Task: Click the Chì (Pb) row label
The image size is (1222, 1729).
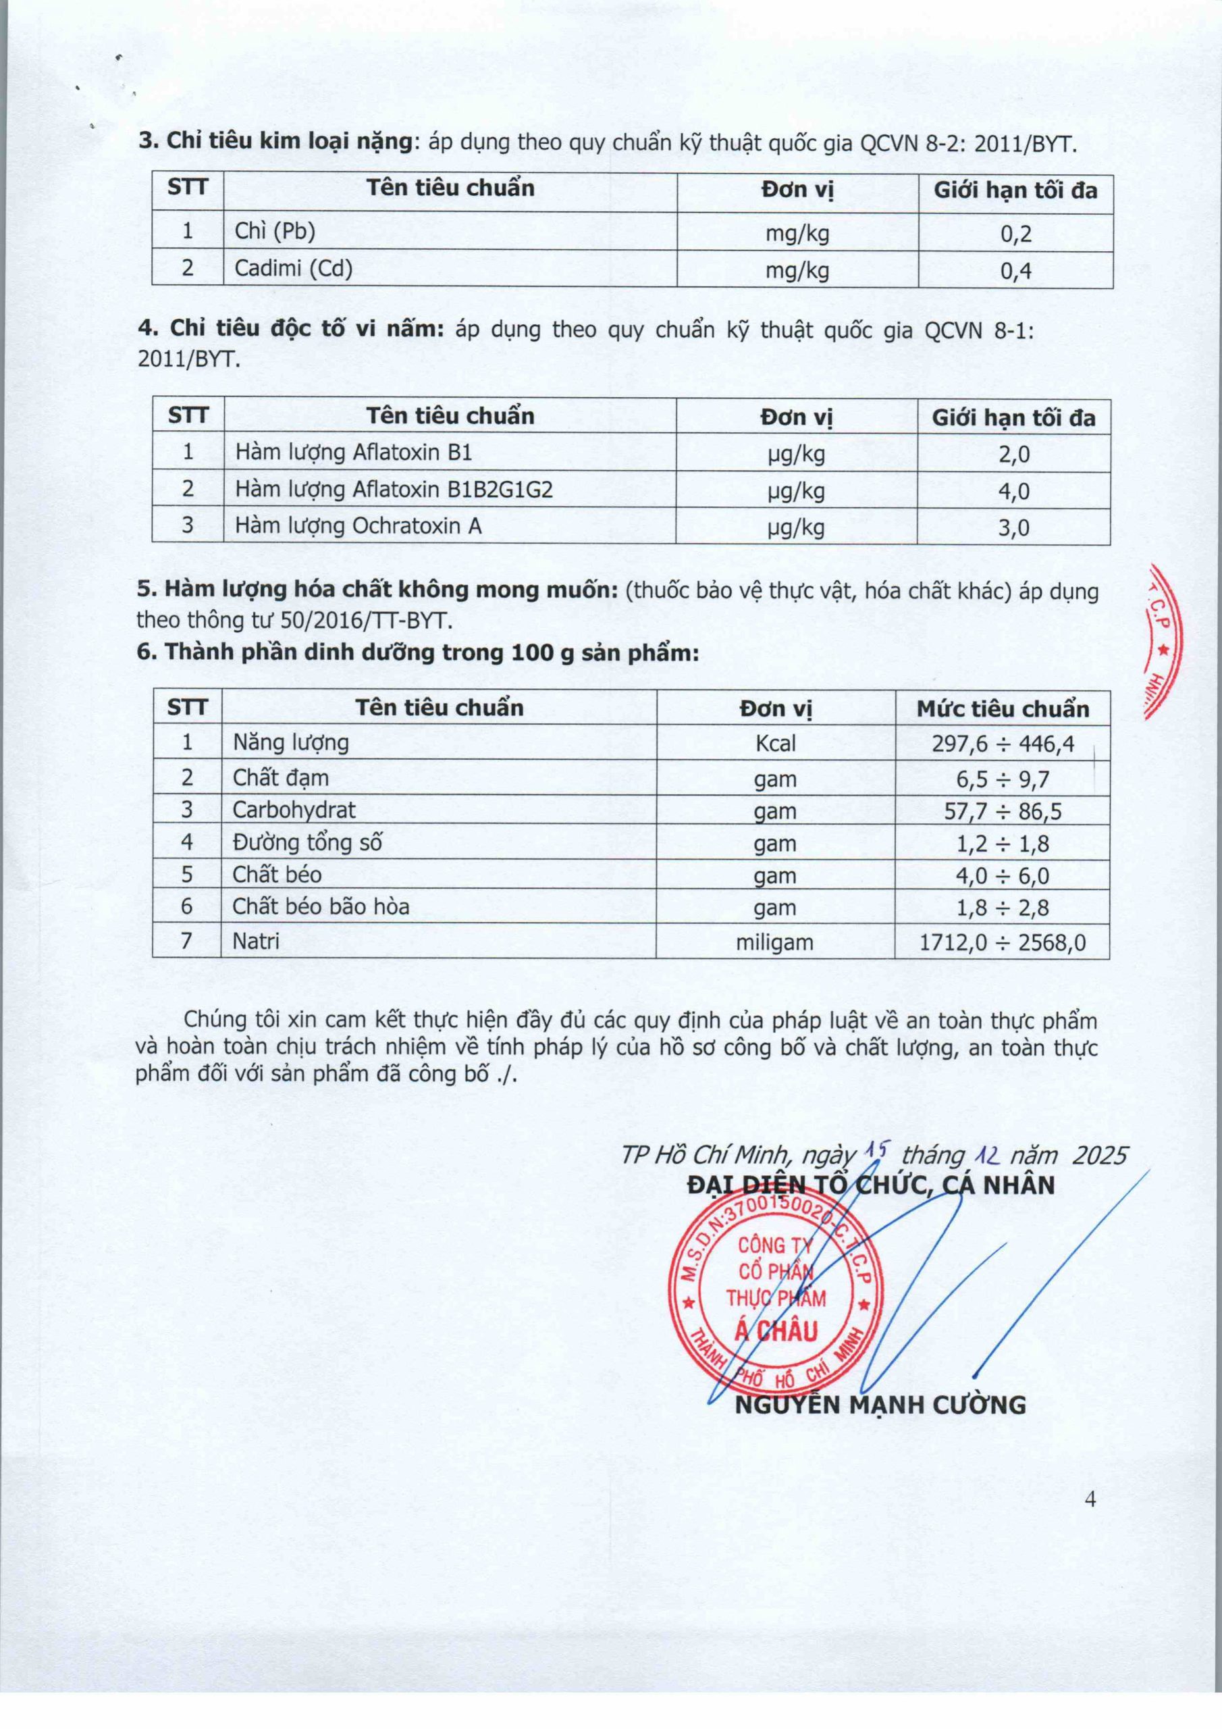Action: coord(275,231)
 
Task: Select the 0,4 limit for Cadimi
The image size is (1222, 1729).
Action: coord(1015,270)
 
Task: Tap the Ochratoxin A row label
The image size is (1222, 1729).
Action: coord(358,525)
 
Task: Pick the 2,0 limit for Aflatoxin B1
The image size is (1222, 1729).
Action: coord(1013,454)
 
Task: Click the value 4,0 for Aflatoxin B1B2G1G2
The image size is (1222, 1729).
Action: coord(1013,491)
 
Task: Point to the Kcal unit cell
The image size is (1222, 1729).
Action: coord(776,743)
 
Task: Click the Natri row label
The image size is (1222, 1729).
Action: coord(256,941)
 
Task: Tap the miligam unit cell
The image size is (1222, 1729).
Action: coord(775,942)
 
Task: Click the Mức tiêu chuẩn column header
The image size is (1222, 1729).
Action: coord(1002,708)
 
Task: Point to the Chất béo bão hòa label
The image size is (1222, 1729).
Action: coord(321,906)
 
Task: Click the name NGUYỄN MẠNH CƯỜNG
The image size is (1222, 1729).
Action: coord(880,1404)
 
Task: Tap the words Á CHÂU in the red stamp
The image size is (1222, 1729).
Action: coord(776,1331)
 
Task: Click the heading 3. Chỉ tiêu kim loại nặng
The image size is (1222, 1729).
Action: coord(275,141)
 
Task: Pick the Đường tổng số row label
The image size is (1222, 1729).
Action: coord(307,843)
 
